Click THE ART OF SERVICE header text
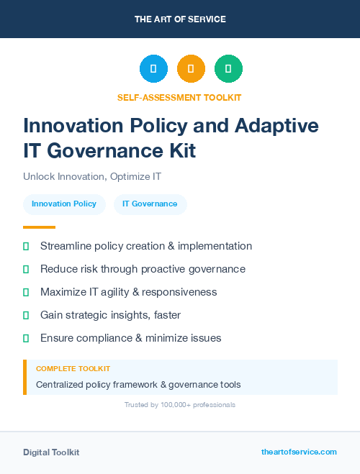pyautogui.click(x=180, y=19)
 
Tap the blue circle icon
pyautogui.click(x=153, y=68)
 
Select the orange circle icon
pyautogui.click(x=191, y=68)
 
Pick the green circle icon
pyautogui.click(x=228, y=68)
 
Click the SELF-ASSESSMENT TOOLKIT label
pyautogui.click(x=180, y=97)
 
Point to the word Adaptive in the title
pyautogui.click(x=277, y=125)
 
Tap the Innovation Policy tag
pyautogui.click(x=64, y=204)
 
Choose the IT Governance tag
pyautogui.click(x=150, y=204)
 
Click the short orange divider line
pyautogui.click(x=39, y=227)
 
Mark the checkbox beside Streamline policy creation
pyautogui.click(x=26, y=246)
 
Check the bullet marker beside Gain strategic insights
pyautogui.click(x=26, y=315)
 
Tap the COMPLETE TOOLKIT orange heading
pyautogui.click(x=73, y=369)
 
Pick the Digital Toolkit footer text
pyautogui.click(x=51, y=452)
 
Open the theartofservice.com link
pyautogui.click(x=299, y=452)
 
